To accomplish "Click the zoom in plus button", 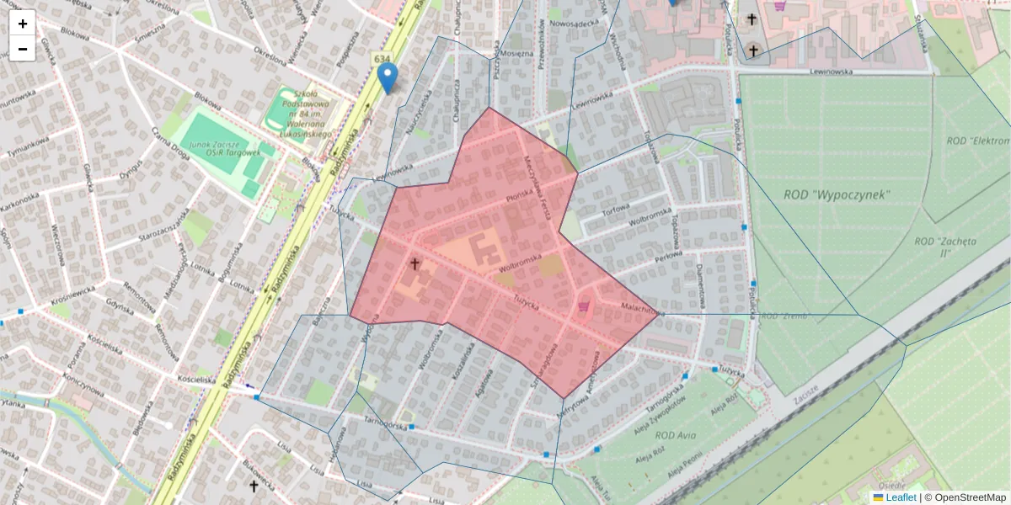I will (x=23, y=23).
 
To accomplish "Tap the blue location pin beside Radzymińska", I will (x=387, y=77).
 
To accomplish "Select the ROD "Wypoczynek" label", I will (x=837, y=194).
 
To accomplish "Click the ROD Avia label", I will (x=676, y=435).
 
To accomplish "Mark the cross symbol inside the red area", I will (x=415, y=263).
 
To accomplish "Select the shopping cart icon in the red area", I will (x=583, y=307).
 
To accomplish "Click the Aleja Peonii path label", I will (x=682, y=463).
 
